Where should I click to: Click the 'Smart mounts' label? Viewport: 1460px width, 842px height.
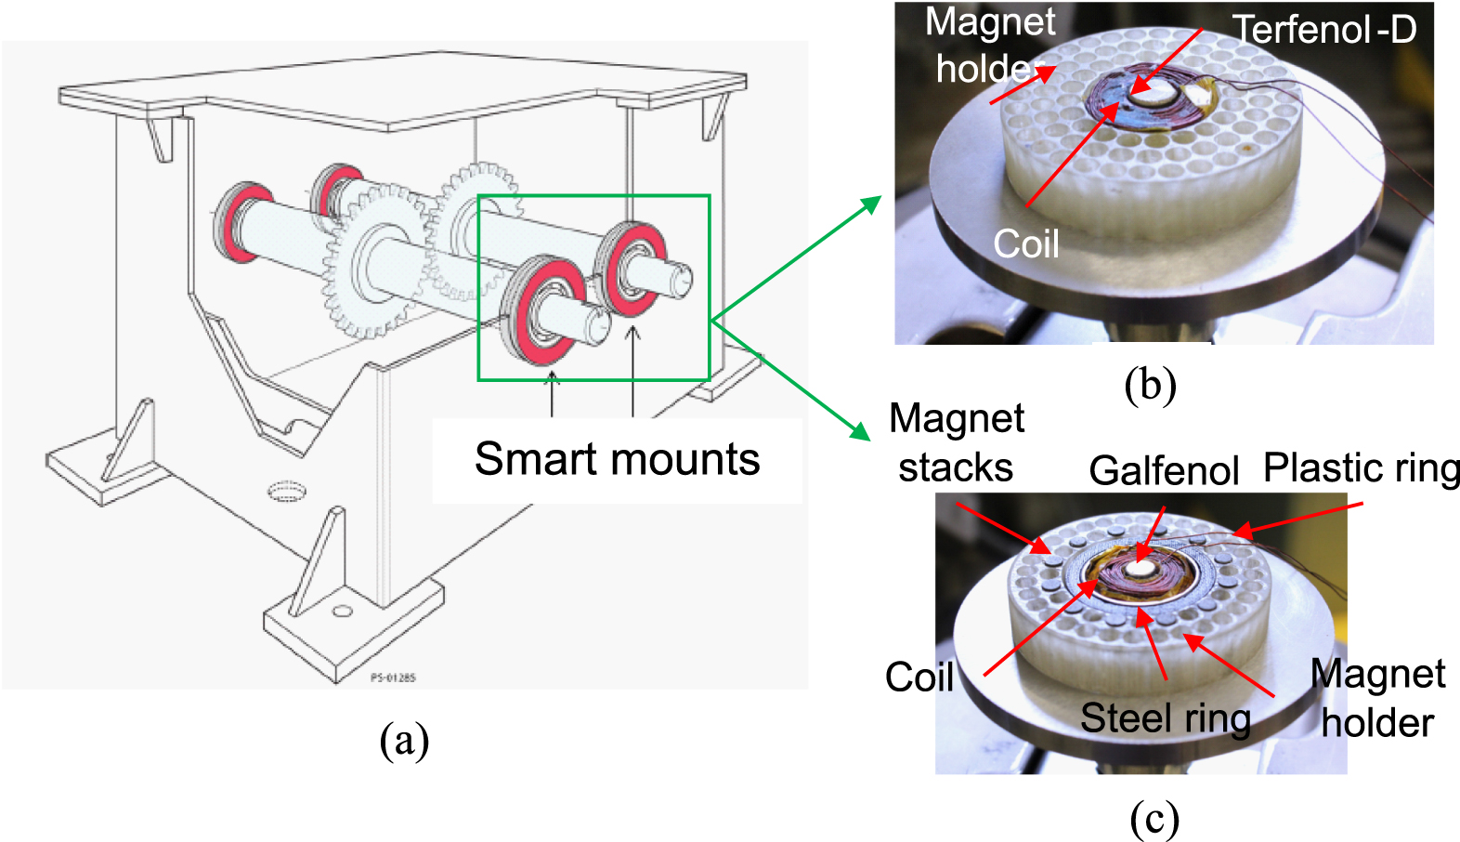pyautogui.click(x=617, y=459)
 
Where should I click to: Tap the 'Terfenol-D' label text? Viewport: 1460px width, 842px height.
pyautogui.click(x=1324, y=30)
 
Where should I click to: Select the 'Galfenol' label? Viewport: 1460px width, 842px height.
pyautogui.click(x=1164, y=470)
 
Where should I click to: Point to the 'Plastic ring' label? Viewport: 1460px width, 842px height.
pyautogui.click(x=1361, y=467)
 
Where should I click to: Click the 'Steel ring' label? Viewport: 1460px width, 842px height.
pyautogui.click(x=1166, y=718)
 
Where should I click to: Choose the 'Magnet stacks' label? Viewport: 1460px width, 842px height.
pyautogui.click(x=957, y=442)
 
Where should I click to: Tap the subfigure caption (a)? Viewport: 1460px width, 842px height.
pyautogui.click(x=404, y=740)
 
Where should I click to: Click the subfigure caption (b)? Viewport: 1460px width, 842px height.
pyautogui.click(x=1150, y=384)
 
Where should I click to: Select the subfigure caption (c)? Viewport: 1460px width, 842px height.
pyautogui.click(x=1154, y=819)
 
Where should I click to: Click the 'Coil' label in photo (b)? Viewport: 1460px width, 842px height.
pyautogui.click(x=1025, y=243)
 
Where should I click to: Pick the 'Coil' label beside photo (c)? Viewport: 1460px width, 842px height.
pyautogui.click(x=919, y=677)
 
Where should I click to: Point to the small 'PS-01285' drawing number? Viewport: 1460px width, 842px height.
pyautogui.click(x=393, y=678)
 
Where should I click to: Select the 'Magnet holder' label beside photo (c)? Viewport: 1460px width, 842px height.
pyautogui.click(x=1377, y=698)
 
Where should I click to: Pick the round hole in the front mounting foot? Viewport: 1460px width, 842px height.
pyautogui.click(x=343, y=611)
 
